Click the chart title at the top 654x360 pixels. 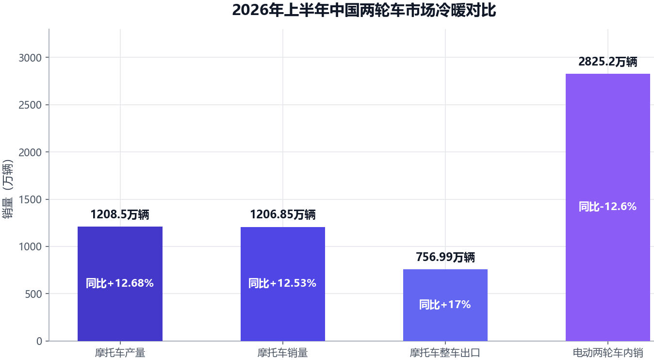tap(364, 10)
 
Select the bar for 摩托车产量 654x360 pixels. tap(120, 284)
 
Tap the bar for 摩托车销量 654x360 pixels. tap(283, 284)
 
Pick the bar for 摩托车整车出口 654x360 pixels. tap(445, 305)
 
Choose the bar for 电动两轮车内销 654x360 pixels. tap(608, 207)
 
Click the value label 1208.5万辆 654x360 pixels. tap(120, 214)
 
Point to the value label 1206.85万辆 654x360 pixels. tap(283, 214)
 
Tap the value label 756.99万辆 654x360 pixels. tap(445, 257)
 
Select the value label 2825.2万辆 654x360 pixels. tap(608, 62)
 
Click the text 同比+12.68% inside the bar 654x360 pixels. tap(120, 283)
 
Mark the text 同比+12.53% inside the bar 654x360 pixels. tap(282, 283)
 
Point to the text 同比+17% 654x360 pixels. tap(445, 305)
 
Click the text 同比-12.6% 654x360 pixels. tap(607, 207)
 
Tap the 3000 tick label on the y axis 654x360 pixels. tap(30, 58)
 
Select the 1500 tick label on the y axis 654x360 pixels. tap(30, 200)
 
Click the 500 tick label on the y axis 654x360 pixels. tap(33, 294)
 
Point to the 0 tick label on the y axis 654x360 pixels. tap(39, 341)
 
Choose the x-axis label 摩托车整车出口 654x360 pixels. tap(445, 353)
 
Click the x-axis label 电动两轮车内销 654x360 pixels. tap(608, 353)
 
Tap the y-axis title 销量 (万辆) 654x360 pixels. tap(8, 189)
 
